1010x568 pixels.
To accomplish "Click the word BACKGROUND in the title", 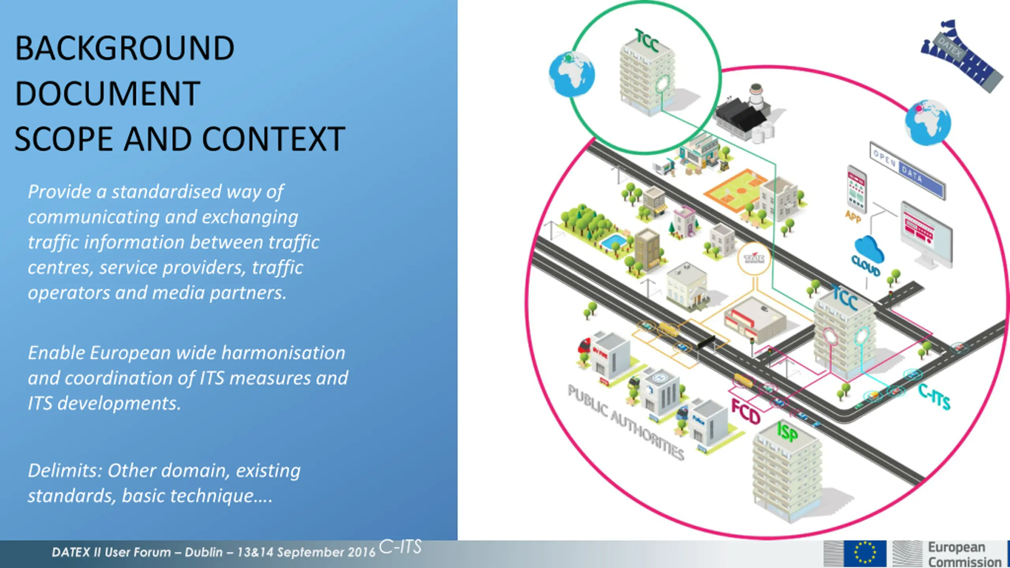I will (x=125, y=48).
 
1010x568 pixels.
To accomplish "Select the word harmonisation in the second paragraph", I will (x=283, y=353).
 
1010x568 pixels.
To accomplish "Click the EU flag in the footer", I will (x=865, y=553).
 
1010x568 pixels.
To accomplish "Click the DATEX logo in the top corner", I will (x=961, y=55).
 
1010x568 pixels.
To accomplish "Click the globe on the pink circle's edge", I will (x=928, y=122).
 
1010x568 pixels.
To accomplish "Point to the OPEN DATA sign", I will (x=907, y=170).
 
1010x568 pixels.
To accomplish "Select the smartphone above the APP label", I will (x=857, y=189).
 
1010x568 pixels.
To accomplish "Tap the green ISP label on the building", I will (x=787, y=432).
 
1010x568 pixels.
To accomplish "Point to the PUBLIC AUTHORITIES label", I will (x=626, y=422).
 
